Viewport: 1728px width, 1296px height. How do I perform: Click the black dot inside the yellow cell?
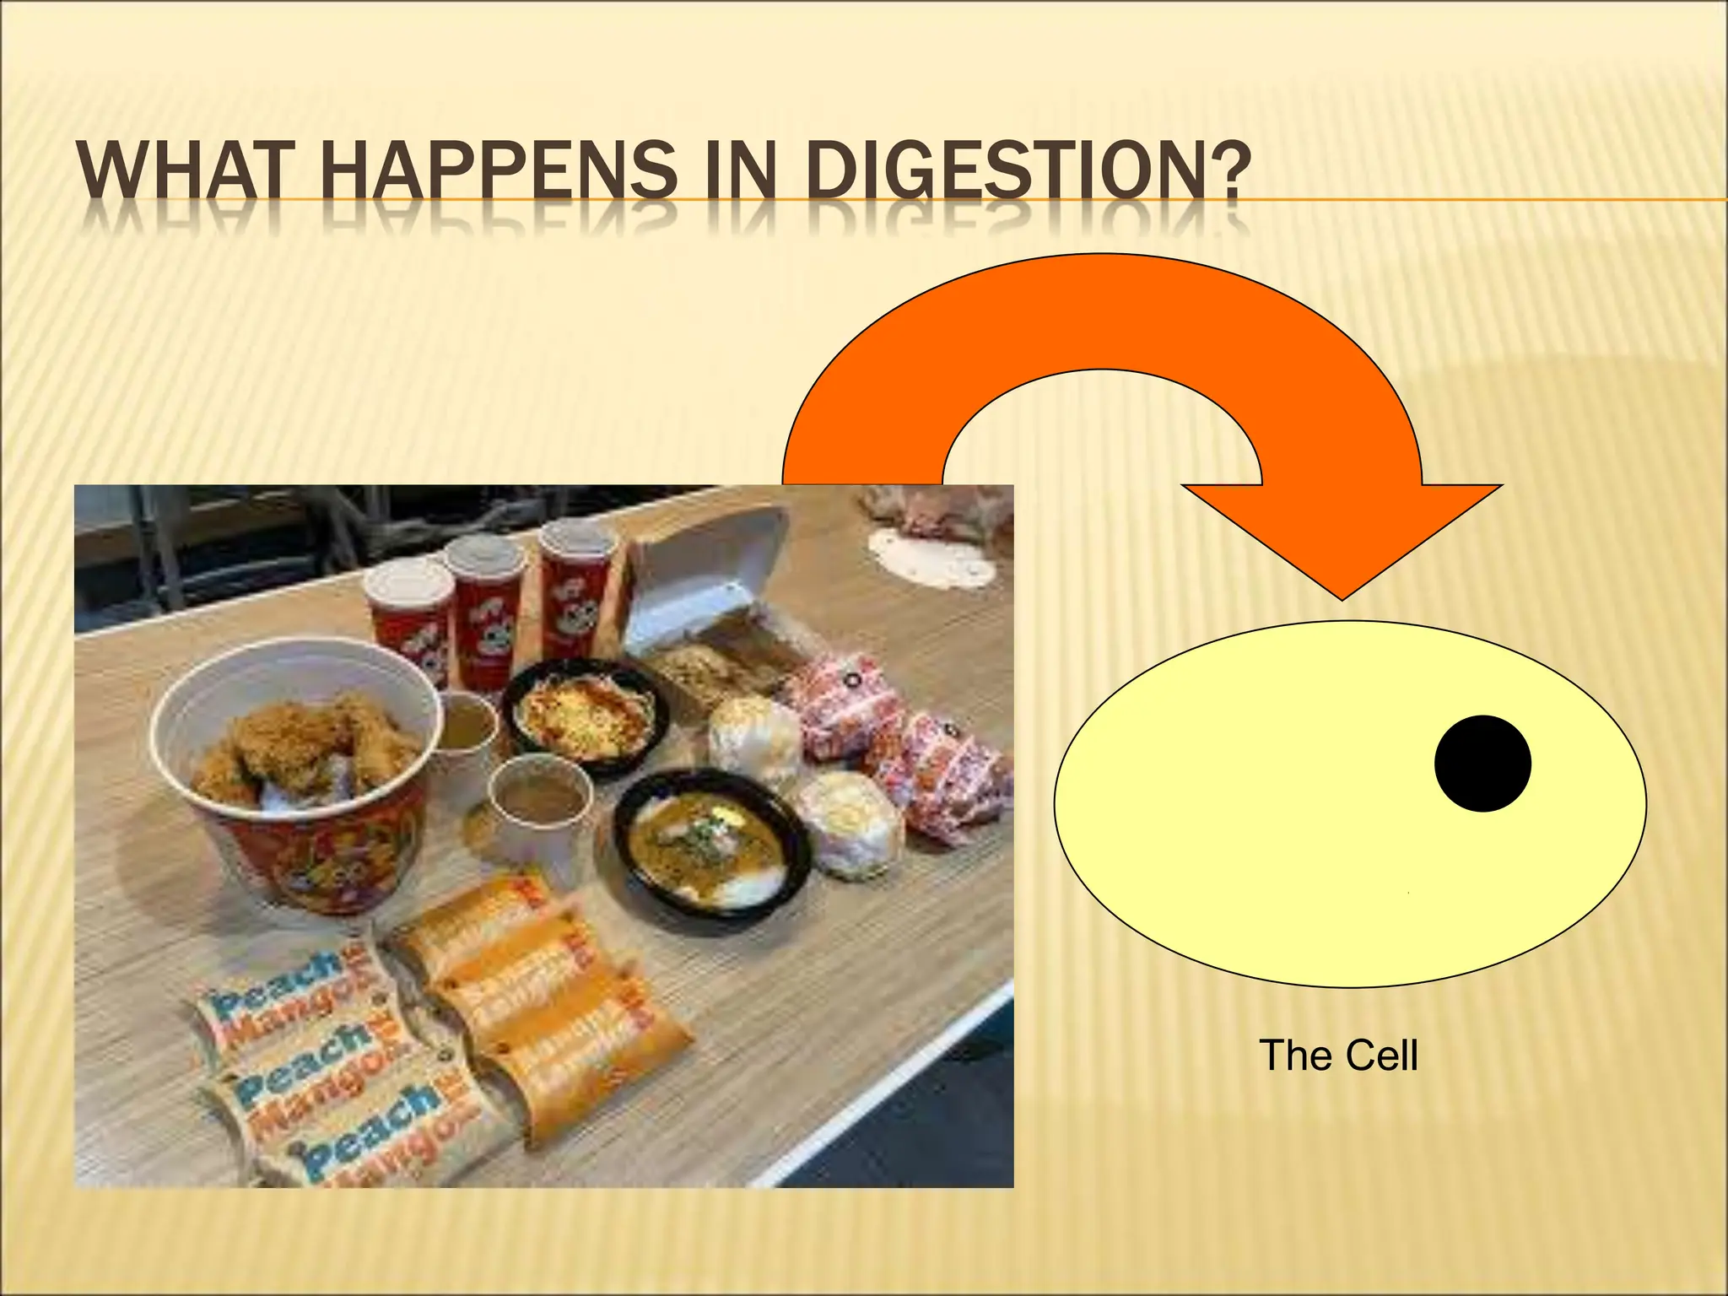tap(1482, 764)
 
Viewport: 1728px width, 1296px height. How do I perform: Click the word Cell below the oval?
tap(1381, 1056)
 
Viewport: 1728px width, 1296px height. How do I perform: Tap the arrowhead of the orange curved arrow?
tap(1342, 540)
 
